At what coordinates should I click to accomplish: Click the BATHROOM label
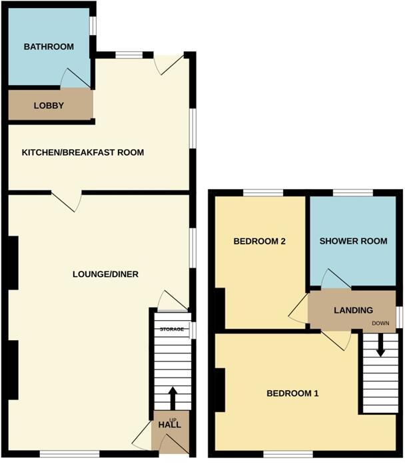click(x=48, y=47)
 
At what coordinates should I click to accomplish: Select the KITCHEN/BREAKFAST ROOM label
click(x=83, y=152)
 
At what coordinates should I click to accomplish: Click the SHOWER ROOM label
click(x=353, y=241)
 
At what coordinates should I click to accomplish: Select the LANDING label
click(x=353, y=310)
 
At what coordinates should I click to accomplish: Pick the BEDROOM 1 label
click(x=292, y=393)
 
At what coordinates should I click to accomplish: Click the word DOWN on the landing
click(x=381, y=324)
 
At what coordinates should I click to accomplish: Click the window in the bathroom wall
click(x=94, y=25)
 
